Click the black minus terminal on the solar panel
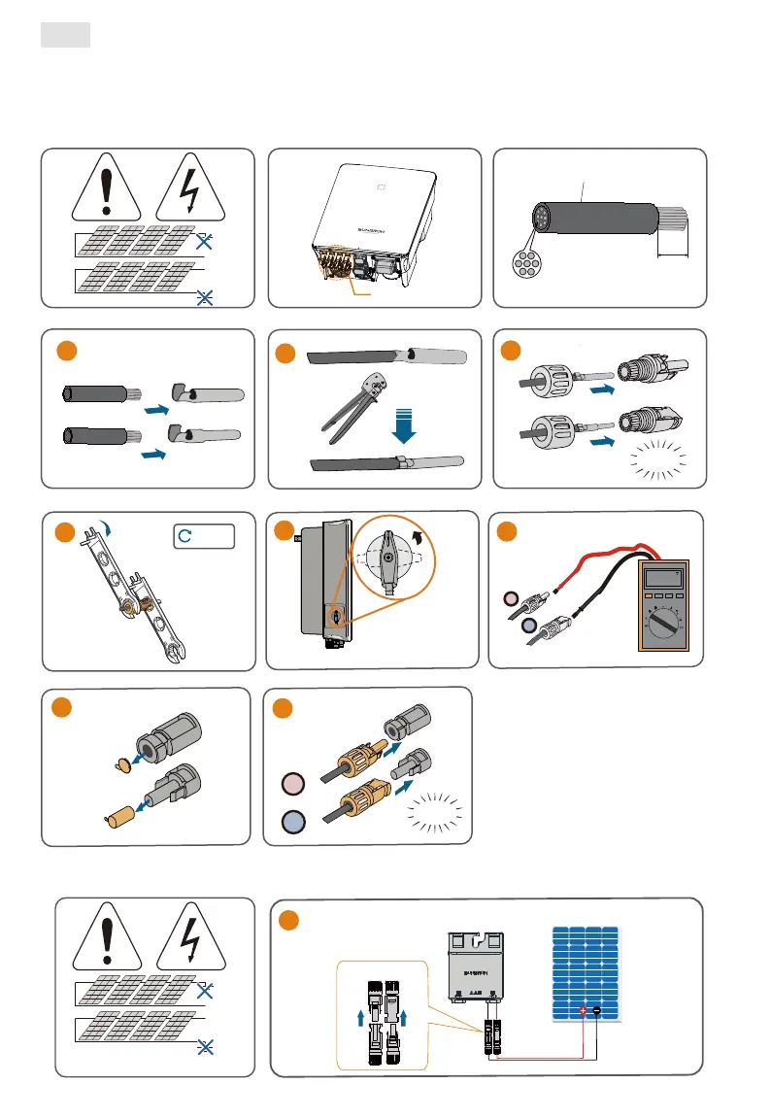[597, 1010]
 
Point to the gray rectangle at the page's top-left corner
[65, 36]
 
